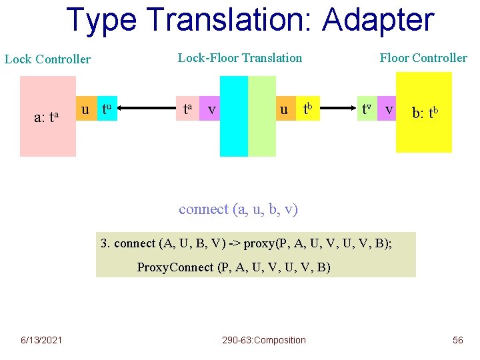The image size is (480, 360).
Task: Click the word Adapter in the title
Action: click(378, 21)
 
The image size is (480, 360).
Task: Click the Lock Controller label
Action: click(47, 59)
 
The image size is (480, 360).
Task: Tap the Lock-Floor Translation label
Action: click(240, 58)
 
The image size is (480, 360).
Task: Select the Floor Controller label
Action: click(423, 58)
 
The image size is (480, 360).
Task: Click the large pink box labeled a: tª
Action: click(47, 116)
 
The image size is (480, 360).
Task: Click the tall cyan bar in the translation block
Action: click(233, 116)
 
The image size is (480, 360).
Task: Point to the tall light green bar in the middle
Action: click(262, 116)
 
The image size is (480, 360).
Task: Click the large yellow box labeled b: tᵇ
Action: click(424, 112)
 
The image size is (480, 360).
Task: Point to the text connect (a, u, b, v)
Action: click(238, 209)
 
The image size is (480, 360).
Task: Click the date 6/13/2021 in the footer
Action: click(41, 340)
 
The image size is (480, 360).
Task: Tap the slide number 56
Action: click(457, 340)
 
